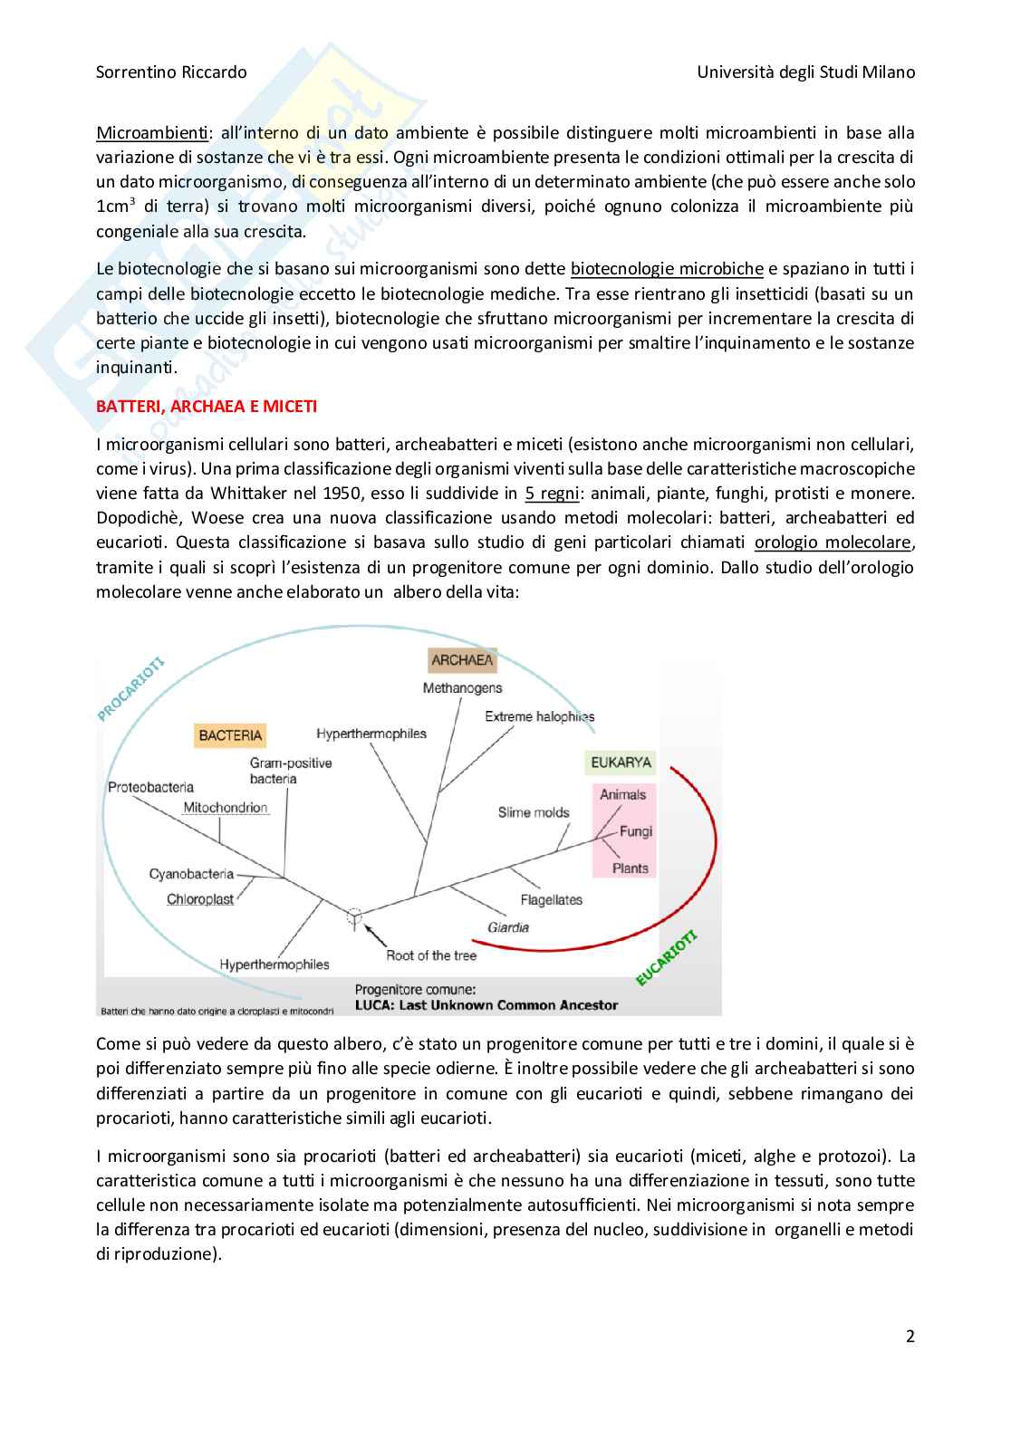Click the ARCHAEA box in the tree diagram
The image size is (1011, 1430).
click(x=462, y=660)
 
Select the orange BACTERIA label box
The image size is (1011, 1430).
click(x=230, y=735)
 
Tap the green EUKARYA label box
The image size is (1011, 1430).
click(x=621, y=763)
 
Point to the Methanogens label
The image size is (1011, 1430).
click(x=462, y=688)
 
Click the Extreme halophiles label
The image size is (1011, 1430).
click(x=539, y=716)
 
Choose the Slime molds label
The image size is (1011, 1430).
click(x=534, y=812)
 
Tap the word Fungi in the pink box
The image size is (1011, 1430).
click(x=636, y=831)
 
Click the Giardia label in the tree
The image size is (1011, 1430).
click(x=508, y=927)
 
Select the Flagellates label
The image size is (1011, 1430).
click(x=551, y=900)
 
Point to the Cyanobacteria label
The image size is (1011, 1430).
click(x=191, y=874)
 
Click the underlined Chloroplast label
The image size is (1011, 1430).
click(x=200, y=899)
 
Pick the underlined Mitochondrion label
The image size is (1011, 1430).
click(x=226, y=808)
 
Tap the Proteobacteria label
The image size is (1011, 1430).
click(x=150, y=787)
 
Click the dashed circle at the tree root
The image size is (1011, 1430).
click(x=354, y=916)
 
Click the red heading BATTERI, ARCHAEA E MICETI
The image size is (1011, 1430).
click(x=207, y=407)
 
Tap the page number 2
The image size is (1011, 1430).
click(x=910, y=1336)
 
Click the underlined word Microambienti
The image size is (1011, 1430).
click(x=151, y=133)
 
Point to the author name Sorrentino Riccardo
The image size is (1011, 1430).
click(x=171, y=72)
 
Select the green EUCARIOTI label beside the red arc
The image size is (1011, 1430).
click(x=667, y=958)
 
